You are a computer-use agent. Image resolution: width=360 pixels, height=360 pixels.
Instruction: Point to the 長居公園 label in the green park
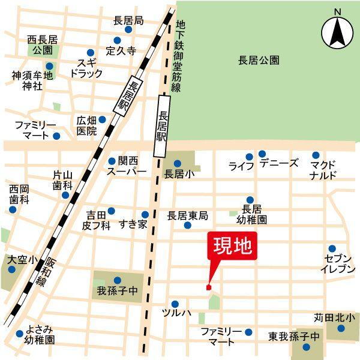[259, 60]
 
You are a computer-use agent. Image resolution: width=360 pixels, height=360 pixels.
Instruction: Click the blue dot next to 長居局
[128, 29]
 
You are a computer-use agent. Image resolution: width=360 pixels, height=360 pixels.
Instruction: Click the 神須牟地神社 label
[32, 80]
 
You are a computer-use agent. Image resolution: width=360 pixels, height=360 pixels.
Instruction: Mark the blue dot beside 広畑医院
[102, 119]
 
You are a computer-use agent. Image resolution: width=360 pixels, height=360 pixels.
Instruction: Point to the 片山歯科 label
[62, 180]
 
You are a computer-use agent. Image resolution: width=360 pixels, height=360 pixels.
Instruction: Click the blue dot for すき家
[145, 214]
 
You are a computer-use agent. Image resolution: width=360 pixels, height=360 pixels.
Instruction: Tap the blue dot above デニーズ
[262, 154]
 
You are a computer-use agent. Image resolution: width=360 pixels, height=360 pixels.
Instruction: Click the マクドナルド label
[323, 169]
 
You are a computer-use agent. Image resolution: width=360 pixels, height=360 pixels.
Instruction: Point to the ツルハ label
[176, 313]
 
